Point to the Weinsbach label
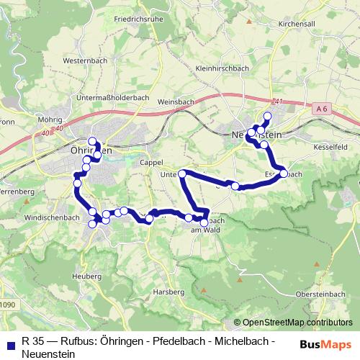174,102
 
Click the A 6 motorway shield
322,107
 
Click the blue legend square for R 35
10,341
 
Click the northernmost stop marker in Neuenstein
268,116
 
